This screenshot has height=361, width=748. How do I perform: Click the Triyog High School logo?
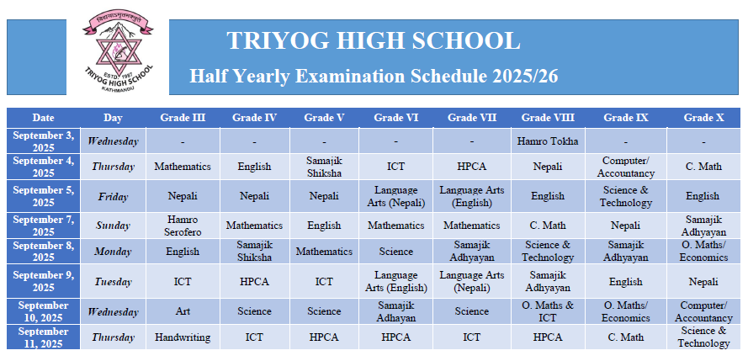[118, 52]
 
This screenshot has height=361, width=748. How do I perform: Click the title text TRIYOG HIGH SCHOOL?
[373, 40]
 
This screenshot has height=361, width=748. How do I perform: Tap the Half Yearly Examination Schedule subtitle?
[374, 77]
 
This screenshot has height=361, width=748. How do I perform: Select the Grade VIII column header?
[548, 118]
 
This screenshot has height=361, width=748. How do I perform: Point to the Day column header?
[113, 118]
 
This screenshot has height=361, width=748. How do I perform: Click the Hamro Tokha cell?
[548, 141]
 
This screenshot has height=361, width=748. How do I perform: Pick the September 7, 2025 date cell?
[44, 226]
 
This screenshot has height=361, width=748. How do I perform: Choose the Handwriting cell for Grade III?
[183, 337]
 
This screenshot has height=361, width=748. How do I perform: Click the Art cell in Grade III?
[183, 311]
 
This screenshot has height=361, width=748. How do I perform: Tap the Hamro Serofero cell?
[183, 226]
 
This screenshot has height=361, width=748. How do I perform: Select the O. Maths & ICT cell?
[548, 311]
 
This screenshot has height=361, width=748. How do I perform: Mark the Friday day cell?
[113, 196]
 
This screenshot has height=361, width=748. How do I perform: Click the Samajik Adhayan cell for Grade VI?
[396, 311]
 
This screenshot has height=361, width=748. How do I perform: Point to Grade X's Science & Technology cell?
[703, 337]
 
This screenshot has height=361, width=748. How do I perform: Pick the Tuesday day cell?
[113, 282]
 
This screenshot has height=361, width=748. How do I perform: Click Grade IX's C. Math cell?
[625, 337]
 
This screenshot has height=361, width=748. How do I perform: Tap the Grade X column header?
[703, 118]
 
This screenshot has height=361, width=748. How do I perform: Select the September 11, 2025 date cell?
[44, 337]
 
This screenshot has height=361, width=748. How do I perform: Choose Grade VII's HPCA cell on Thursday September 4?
[471, 167]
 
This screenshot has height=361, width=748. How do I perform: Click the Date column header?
[44, 118]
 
